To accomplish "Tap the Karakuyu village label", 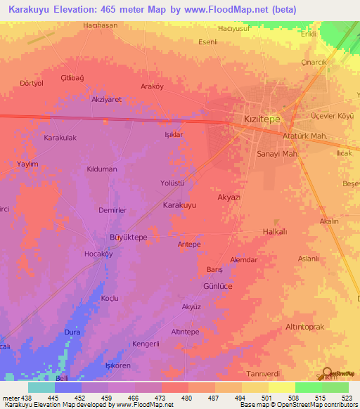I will tap(179, 205).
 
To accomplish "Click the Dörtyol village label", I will tap(32, 83).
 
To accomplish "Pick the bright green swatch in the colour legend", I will tap(308, 387).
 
